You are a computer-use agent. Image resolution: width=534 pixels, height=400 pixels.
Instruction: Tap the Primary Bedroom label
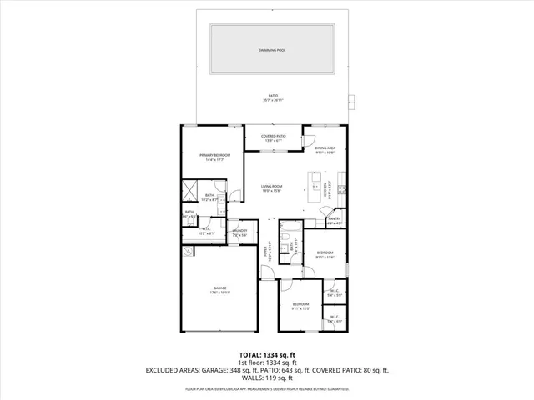[x=214, y=157]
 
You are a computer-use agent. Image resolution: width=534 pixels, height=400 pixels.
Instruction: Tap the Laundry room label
[x=240, y=233]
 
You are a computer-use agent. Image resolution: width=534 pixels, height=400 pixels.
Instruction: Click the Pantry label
[x=334, y=222]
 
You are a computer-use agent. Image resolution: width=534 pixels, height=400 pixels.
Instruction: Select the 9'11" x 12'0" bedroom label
[x=300, y=306]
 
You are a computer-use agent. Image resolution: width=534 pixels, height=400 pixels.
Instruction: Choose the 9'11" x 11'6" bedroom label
[x=325, y=254]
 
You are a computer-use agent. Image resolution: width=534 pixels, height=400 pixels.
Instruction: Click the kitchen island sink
[x=315, y=179]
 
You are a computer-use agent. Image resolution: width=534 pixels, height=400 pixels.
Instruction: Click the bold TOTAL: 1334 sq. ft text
[x=267, y=354]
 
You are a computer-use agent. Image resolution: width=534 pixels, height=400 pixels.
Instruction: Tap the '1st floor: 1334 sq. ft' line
[x=267, y=362]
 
